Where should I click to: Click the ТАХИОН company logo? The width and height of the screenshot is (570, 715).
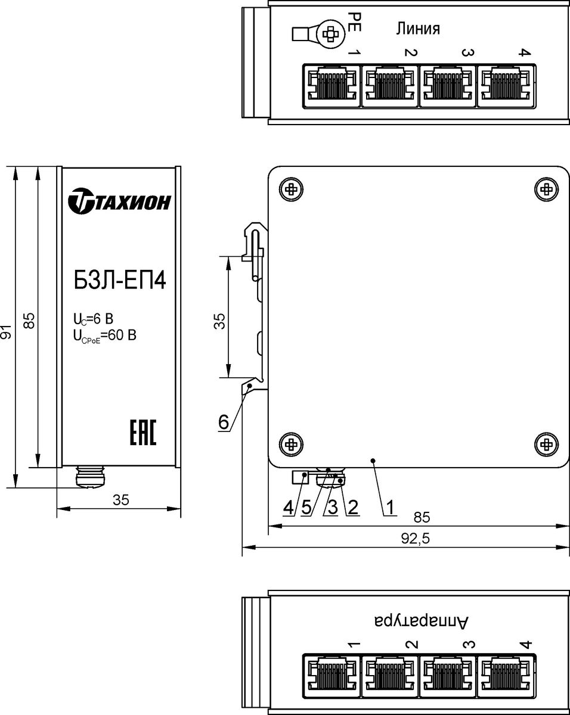(x=119, y=201)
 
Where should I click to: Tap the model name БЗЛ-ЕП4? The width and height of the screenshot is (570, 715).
(x=120, y=281)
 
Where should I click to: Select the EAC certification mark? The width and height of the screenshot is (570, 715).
(x=143, y=433)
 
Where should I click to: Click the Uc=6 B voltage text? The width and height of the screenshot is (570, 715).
(x=93, y=319)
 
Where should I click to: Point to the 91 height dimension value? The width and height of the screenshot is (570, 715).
(x=7, y=332)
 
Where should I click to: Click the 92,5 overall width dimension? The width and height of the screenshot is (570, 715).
(x=415, y=539)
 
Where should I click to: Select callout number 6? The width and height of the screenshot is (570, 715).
(x=224, y=422)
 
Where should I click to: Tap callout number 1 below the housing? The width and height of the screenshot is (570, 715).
(x=390, y=507)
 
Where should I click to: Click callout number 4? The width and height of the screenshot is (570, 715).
(x=289, y=507)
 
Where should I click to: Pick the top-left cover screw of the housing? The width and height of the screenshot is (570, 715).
(x=292, y=189)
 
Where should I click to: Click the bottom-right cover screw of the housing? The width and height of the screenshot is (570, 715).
(x=546, y=444)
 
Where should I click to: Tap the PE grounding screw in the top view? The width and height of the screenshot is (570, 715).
(x=330, y=34)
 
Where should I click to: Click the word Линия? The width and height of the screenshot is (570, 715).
(x=418, y=29)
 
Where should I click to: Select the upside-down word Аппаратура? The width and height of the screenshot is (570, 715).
(x=422, y=620)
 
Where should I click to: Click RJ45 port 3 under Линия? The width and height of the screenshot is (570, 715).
(x=448, y=86)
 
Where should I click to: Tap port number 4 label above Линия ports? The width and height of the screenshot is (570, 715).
(x=525, y=52)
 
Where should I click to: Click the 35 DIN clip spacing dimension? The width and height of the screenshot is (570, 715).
(x=219, y=321)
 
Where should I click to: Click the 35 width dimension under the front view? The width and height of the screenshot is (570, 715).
(x=120, y=500)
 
